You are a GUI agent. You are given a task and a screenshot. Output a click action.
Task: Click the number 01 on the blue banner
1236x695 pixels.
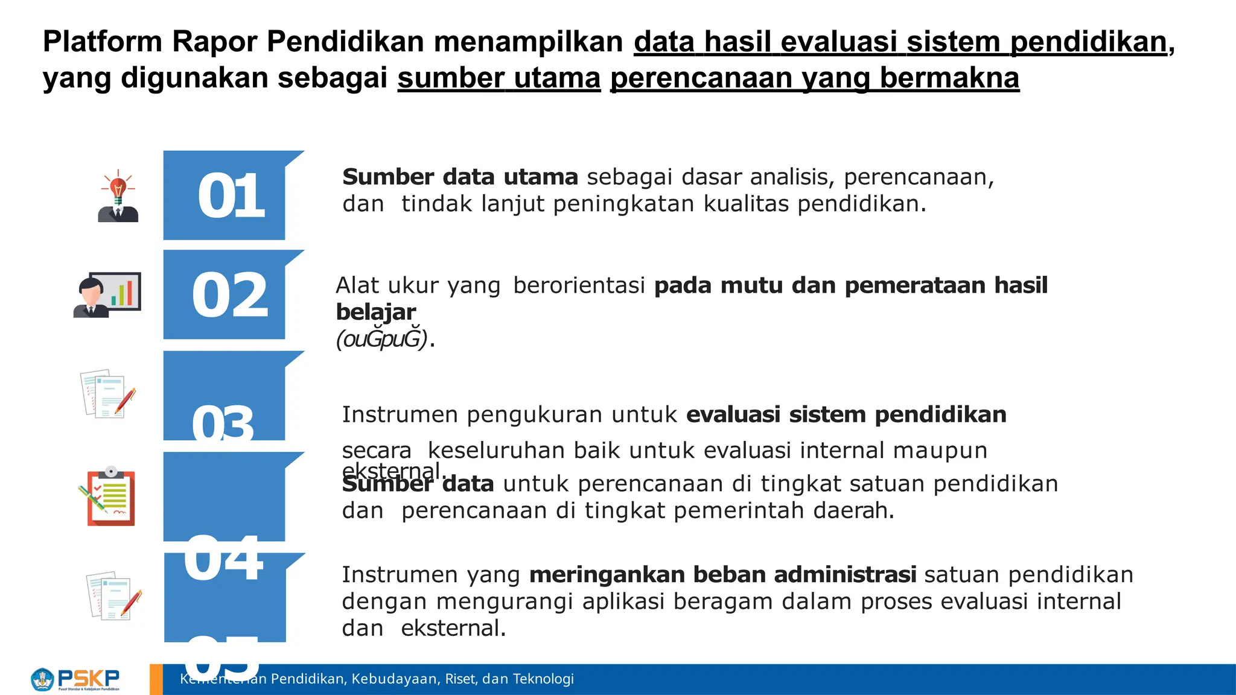(x=231, y=195)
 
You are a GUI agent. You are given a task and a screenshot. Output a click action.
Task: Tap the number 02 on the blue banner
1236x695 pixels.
(x=230, y=295)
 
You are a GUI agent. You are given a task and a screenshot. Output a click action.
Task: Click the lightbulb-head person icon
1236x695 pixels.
(x=118, y=197)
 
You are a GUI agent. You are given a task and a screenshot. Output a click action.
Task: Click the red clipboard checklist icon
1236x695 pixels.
(x=108, y=497)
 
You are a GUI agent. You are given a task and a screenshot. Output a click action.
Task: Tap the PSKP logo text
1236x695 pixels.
(x=88, y=678)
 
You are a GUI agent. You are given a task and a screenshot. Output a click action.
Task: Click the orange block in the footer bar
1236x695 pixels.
(x=156, y=679)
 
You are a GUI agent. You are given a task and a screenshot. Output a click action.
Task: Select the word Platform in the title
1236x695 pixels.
(x=103, y=42)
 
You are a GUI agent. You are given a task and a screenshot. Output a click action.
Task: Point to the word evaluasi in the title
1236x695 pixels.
(x=839, y=42)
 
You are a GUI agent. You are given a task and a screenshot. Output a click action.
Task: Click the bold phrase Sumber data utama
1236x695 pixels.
(x=460, y=177)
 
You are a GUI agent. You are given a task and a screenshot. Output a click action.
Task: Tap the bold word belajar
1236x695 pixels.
(x=375, y=312)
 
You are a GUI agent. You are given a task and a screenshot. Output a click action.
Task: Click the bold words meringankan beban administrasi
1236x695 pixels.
(x=722, y=574)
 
